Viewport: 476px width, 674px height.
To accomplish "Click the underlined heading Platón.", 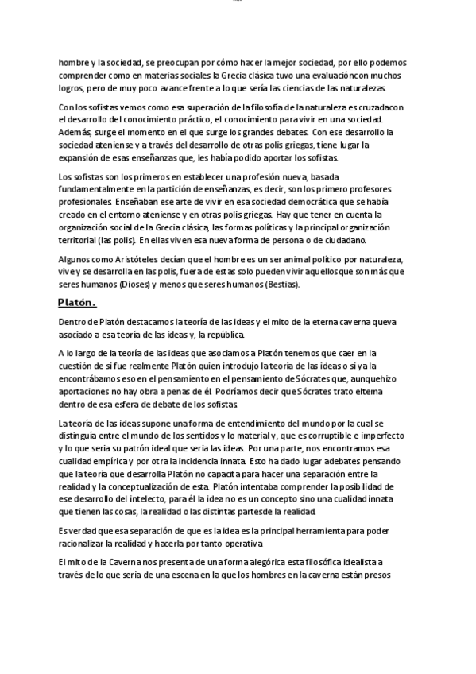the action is point(76,302).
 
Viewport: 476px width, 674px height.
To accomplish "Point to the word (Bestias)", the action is point(276,284).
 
